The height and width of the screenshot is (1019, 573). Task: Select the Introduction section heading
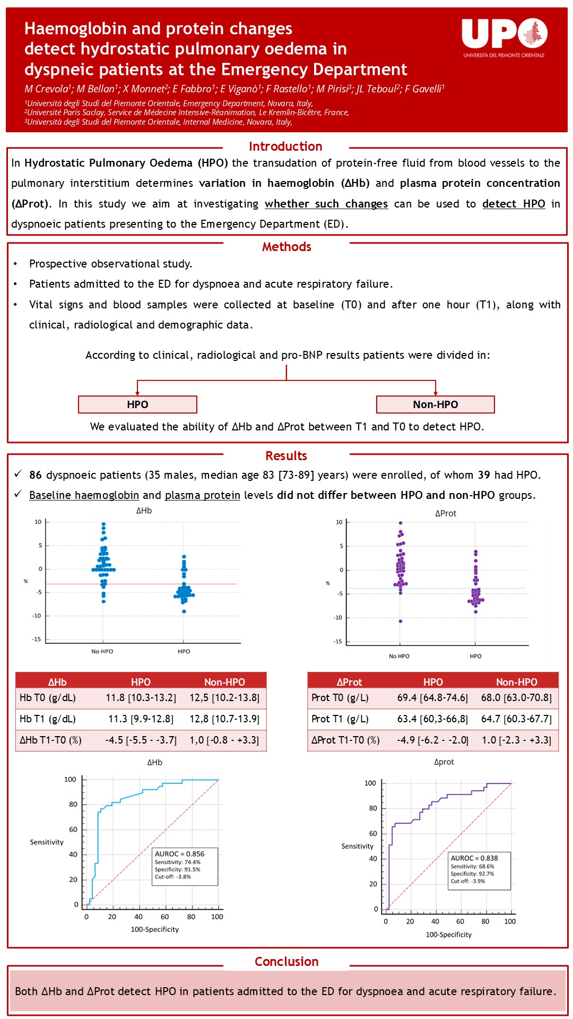pos(285,146)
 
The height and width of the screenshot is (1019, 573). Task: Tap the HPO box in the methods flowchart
pos(137,404)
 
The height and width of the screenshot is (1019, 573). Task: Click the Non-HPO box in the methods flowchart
pos(435,404)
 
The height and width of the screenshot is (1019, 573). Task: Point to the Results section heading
pos(286,456)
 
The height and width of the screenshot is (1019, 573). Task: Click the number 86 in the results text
pos(36,475)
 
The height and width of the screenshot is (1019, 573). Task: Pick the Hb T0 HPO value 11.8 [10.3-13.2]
pos(141,698)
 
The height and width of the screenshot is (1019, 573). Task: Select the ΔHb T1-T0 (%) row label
pos(51,740)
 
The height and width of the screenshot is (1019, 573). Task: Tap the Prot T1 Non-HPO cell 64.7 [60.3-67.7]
pos(516,719)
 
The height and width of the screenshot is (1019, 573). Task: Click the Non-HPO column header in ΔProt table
pos(516,682)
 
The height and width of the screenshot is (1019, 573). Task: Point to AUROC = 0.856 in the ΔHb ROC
pos(179,854)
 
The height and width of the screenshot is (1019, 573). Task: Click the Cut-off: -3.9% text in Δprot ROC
pos(467,881)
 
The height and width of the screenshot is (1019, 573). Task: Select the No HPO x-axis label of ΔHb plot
pos(102,651)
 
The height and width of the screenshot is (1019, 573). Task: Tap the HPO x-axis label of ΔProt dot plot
pos(475,657)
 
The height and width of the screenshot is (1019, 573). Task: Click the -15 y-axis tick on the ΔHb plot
pos(36,640)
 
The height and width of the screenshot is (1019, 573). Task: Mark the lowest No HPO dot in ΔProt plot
pos(401,621)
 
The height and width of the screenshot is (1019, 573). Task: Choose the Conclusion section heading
pos(286,962)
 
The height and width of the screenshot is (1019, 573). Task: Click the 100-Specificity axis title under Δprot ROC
pos(448,935)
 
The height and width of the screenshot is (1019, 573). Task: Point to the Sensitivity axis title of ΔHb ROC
pos(47,842)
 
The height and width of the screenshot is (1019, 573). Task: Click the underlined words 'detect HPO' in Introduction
pos(514,204)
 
